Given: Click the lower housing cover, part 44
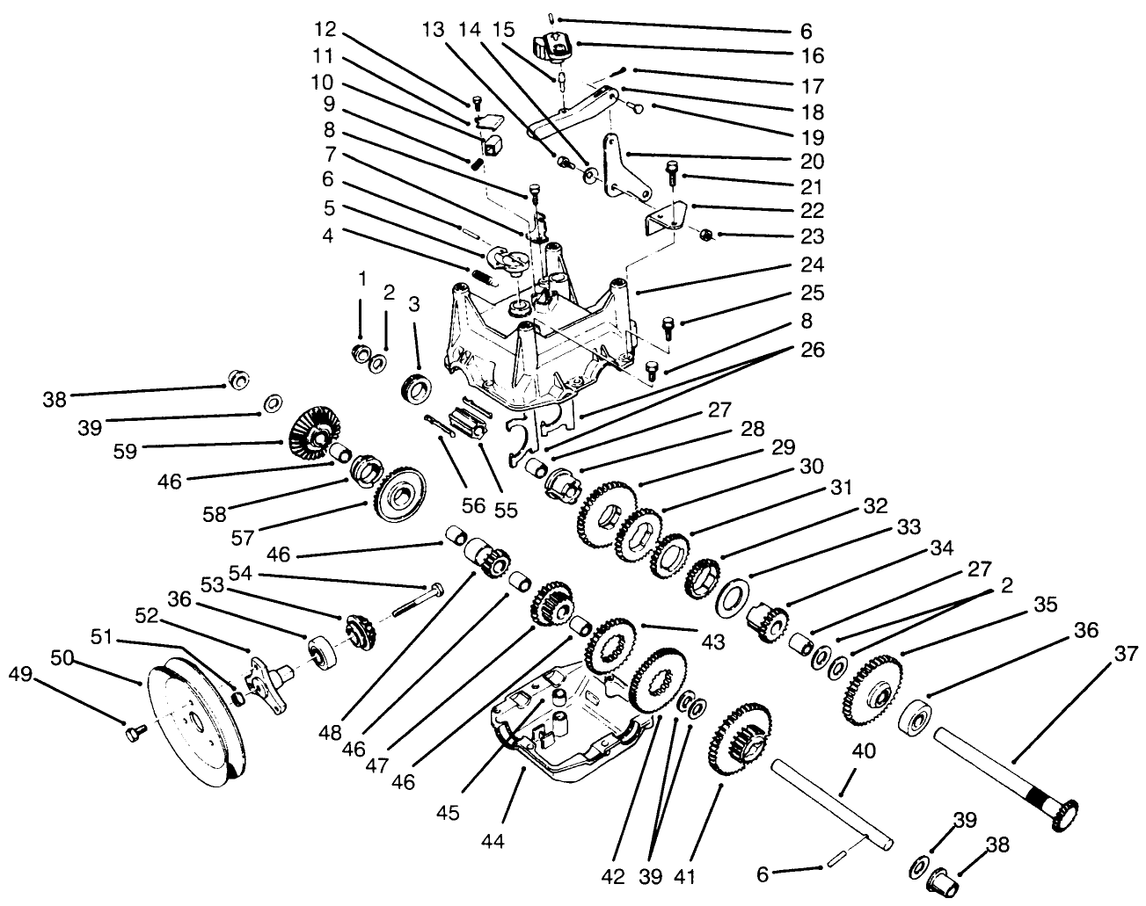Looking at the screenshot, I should tap(563, 721).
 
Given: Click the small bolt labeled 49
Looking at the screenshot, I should tap(135, 729).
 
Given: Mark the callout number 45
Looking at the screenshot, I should tap(448, 814).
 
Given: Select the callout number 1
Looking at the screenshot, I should tap(361, 279).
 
